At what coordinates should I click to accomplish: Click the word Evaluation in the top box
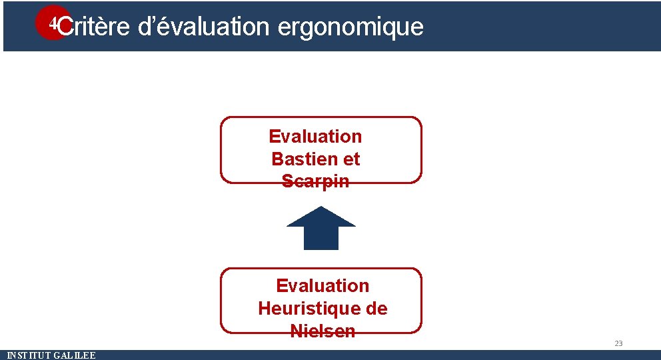tap(315, 137)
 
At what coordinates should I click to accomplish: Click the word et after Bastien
tap(351, 159)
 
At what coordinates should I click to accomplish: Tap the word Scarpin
tap(315, 181)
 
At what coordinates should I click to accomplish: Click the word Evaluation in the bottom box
tap(323, 286)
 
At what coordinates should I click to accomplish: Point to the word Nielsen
tap(323, 331)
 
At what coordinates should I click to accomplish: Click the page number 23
tap(618, 343)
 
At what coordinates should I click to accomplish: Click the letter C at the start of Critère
tap(65, 27)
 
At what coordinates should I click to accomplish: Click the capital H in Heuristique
tap(265, 309)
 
